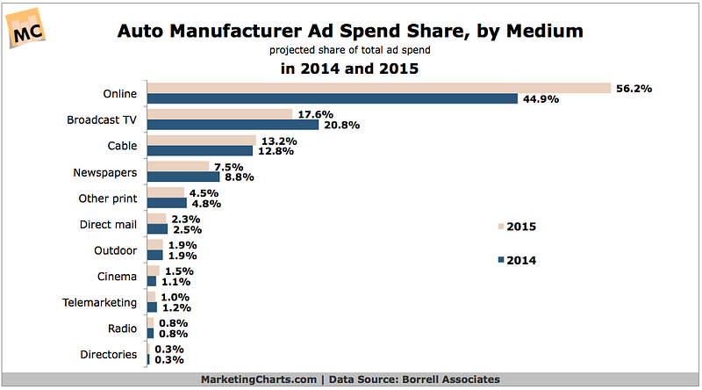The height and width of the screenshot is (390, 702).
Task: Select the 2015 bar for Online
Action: click(x=378, y=88)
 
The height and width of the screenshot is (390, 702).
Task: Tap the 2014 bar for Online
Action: click(x=332, y=98)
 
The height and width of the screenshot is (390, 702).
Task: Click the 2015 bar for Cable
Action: click(x=201, y=140)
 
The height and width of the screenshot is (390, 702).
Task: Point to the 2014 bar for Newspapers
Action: click(x=183, y=177)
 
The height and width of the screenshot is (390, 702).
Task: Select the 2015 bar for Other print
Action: click(x=165, y=192)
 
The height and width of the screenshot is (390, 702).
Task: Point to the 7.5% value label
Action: click(x=230, y=166)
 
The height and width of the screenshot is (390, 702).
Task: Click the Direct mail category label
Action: click(x=108, y=224)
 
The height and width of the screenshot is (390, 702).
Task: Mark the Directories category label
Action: click(x=108, y=354)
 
